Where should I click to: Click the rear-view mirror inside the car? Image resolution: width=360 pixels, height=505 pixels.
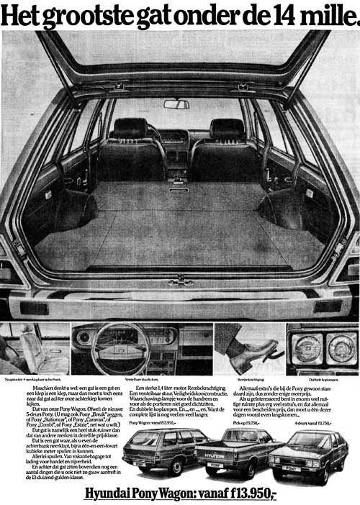click(x=176, y=104)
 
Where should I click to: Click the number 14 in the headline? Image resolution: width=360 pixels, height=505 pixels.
click(x=282, y=15)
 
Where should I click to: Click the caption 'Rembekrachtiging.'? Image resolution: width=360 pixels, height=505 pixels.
click(x=251, y=378)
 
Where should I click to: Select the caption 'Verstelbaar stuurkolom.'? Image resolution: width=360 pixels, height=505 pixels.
click(x=141, y=378)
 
